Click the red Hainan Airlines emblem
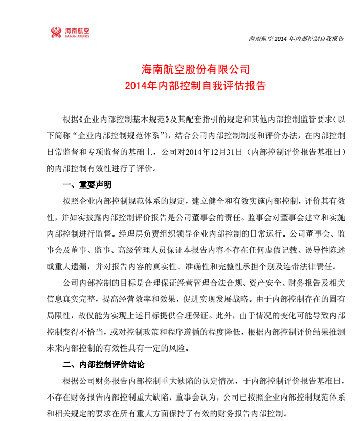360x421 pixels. tap(56, 32)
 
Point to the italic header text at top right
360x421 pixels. tap(296, 39)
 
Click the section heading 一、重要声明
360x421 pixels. tap(86, 185)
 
